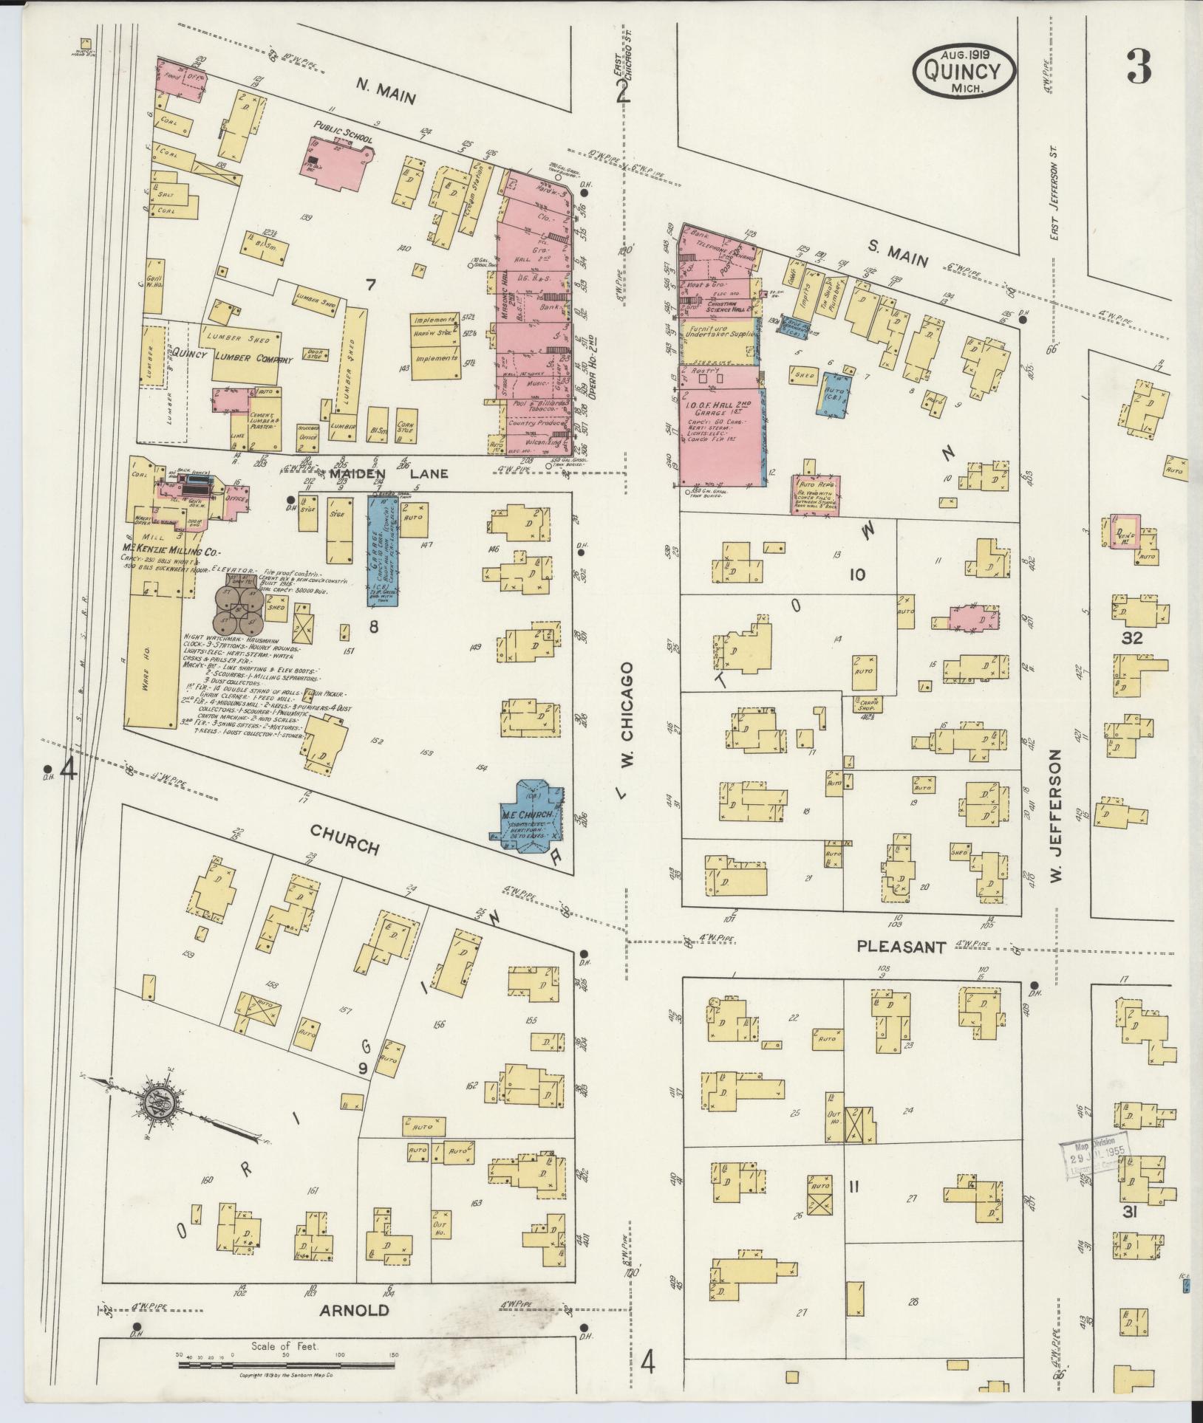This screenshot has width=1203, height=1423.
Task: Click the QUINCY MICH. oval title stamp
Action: click(964, 72)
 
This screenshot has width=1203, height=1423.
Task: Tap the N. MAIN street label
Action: click(387, 94)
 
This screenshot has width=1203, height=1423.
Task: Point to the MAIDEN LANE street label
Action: click(399, 473)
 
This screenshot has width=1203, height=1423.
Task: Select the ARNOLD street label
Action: click(355, 1310)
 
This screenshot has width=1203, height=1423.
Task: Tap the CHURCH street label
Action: click(344, 840)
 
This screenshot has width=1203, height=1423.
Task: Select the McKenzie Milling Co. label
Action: click(166, 551)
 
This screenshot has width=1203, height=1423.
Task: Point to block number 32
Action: click(1131, 638)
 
